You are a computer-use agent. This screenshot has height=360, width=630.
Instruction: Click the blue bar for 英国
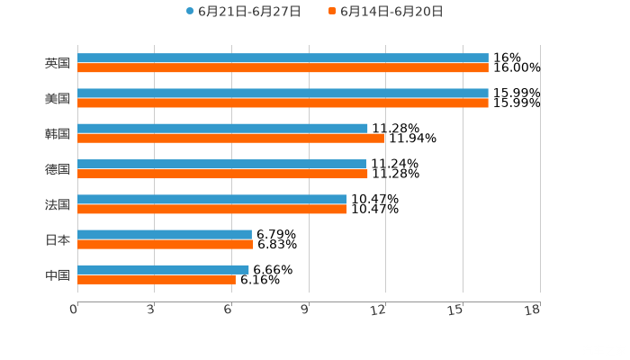283,58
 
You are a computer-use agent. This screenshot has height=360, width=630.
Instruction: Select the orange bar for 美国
283,103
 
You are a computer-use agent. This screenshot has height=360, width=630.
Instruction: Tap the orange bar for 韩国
230,138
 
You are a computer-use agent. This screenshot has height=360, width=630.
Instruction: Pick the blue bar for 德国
221,164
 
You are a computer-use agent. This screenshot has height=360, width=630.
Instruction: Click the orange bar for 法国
211,209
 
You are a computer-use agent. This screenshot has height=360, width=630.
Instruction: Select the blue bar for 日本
165,235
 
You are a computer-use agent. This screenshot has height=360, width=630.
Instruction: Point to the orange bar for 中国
157,279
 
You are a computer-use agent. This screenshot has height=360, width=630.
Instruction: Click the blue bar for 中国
163,269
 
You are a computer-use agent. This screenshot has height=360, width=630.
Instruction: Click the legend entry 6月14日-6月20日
391,12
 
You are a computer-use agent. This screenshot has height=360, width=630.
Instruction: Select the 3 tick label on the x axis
150,310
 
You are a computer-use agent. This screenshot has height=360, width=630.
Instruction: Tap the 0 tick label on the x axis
74,310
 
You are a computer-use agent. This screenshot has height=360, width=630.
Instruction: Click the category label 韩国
57,134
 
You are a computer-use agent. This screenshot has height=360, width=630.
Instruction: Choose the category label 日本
57,240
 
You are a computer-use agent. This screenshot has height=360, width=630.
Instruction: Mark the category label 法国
57,204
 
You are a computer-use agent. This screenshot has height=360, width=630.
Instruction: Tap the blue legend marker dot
190,12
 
